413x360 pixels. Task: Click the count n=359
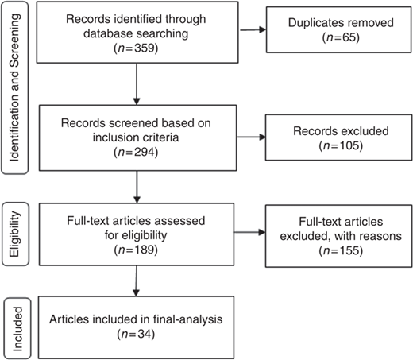pyautogui.click(x=136, y=48)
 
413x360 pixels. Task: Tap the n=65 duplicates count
pyautogui.click(x=341, y=37)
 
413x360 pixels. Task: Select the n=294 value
pyautogui.click(x=136, y=152)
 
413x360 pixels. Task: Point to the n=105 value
pyautogui.click(x=341, y=145)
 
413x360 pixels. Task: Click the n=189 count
pyautogui.click(x=136, y=250)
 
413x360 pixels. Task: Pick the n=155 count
pyautogui.click(x=341, y=250)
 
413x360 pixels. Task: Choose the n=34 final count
pyautogui.click(x=136, y=334)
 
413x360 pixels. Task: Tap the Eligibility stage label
pyautogui.click(x=15, y=234)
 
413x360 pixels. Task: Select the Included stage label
pyautogui.click(x=17, y=329)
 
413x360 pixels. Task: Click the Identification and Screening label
pyautogui.click(x=14, y=87)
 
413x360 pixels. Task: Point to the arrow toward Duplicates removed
pyautogui.click(x=253, y=29)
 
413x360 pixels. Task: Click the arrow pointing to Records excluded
pyautogui.click(x=251, y=137)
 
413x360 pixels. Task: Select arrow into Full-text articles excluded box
pyautogui.click(x=249, y=232)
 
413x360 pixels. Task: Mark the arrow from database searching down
pyautogui.click(x=137, y=84)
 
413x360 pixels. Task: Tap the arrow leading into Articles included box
pyautogui.click(x=136, y=281)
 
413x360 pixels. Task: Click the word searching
pyautogui.click(x=163, y=34)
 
